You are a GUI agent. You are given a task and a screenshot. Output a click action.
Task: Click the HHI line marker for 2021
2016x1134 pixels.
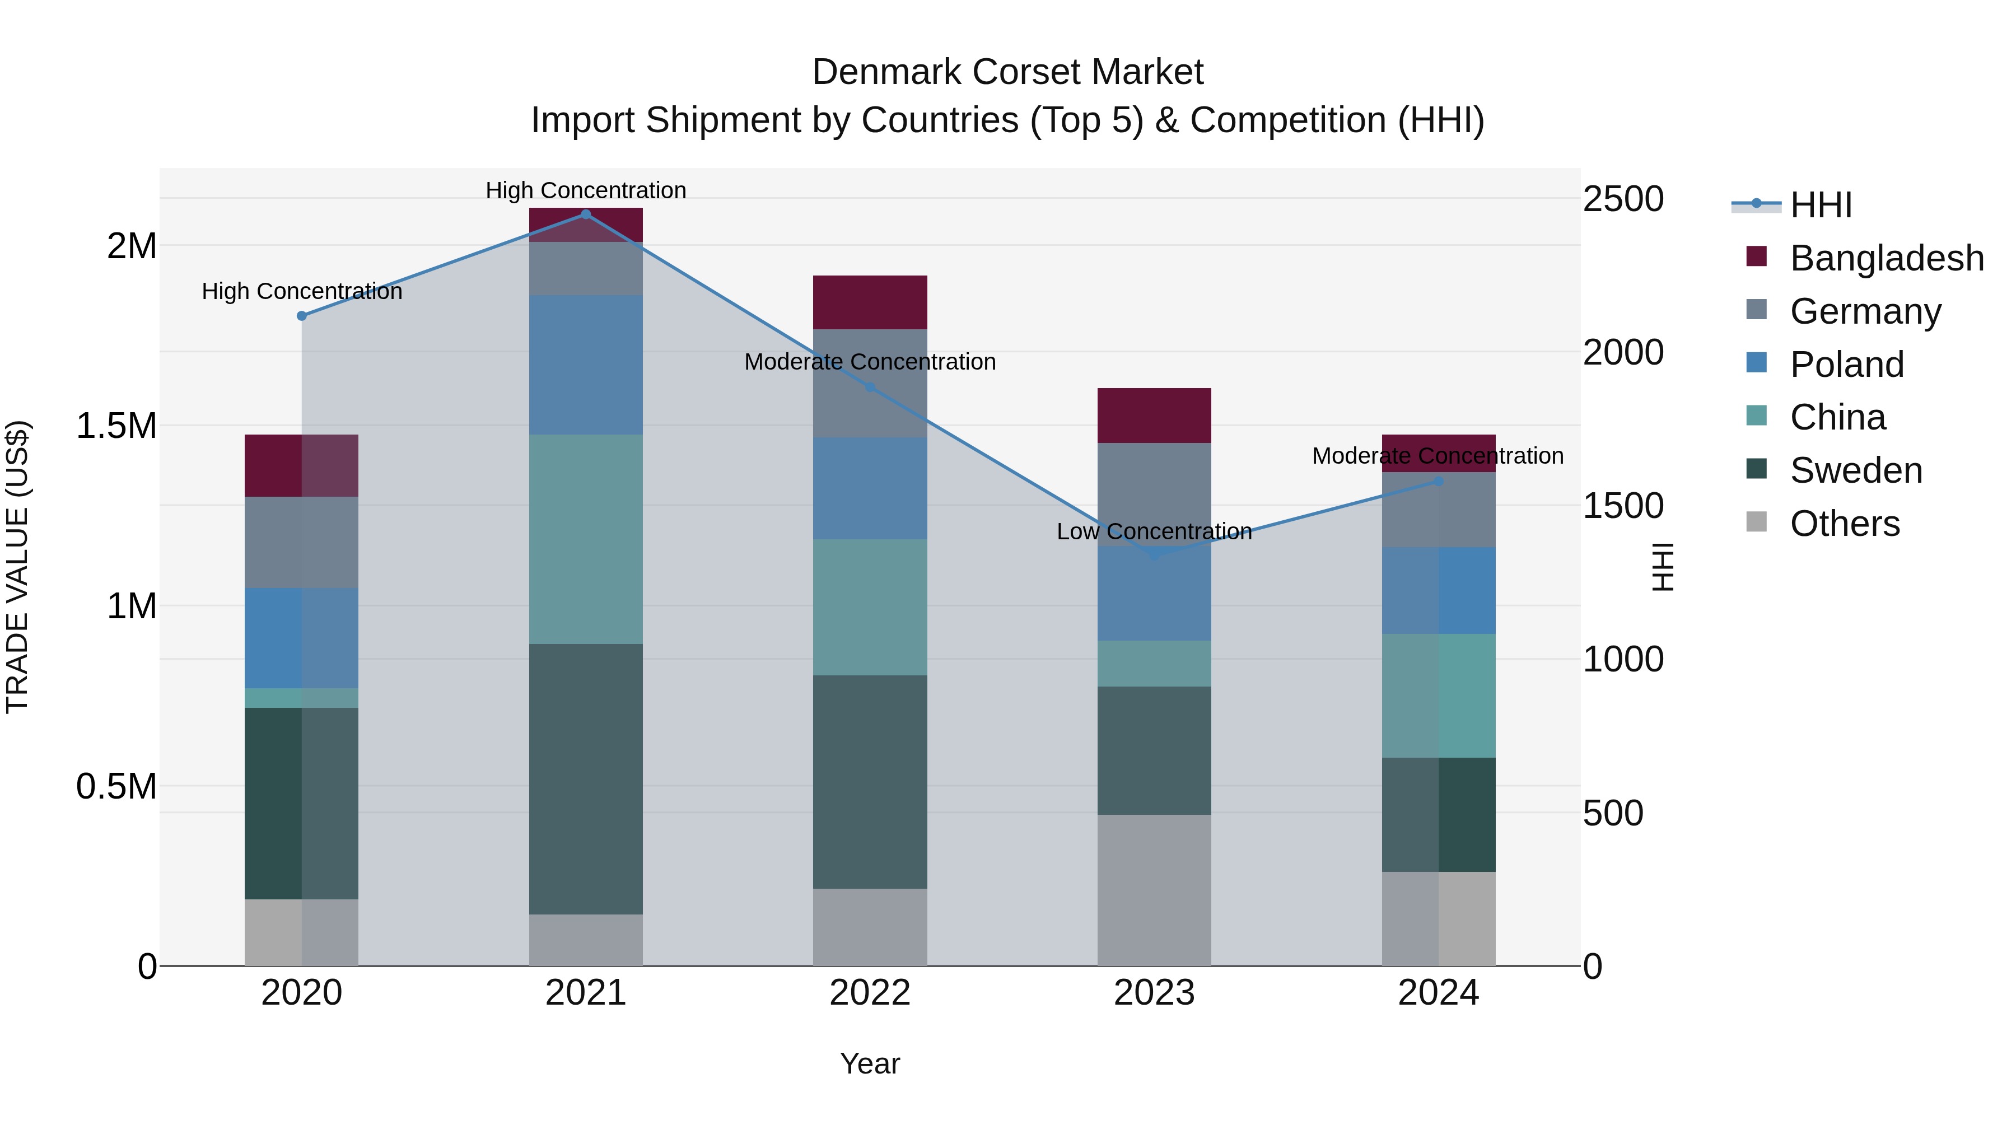coord(585,214)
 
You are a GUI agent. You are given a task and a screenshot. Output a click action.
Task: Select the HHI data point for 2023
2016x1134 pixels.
coord(1154,554)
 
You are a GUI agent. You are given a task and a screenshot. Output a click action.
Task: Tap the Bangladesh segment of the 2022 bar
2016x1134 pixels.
coord(870,302)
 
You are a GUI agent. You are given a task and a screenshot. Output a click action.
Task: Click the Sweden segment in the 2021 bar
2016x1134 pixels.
coord(585,779)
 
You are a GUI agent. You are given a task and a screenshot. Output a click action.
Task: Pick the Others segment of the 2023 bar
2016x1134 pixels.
coord(1154,890)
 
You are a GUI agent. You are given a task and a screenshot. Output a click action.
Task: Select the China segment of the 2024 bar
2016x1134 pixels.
coord(1439,695)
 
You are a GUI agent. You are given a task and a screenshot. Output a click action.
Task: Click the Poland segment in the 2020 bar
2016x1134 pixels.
coord(301,638)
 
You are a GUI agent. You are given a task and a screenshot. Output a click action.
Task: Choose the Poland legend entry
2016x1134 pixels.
coord(1846,365)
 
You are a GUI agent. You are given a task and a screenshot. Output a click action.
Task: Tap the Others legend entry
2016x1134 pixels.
coord(1844,524)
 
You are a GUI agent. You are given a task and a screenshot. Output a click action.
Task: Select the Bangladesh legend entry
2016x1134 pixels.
coord(1886,258)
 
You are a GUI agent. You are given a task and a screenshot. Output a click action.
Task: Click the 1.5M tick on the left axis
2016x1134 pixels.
coord(116,427)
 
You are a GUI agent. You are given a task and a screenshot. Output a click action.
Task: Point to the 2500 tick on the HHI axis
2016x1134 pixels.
coord(1622,199)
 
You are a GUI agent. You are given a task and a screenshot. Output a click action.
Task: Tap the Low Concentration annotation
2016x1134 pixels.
coord(1154,532)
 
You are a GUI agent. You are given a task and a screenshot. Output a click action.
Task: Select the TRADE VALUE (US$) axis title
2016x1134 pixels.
coord(17,567)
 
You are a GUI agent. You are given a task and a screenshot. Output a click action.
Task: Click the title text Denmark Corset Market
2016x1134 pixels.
coord(1007,72)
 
